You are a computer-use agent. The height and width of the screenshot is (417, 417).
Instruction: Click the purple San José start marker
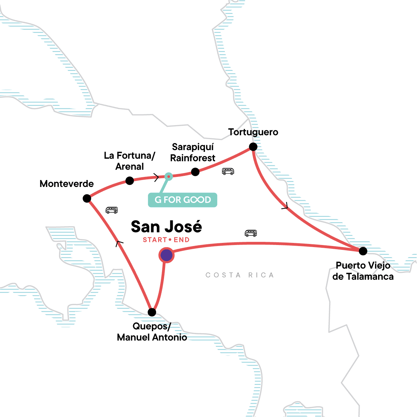[x=166, y=255]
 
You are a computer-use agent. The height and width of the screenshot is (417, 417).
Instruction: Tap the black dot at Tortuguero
[x=253, y=147]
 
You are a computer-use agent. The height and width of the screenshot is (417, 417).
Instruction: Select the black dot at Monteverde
[x=87, y=198]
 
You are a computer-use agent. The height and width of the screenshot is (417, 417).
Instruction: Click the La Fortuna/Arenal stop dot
[x=130, y=181]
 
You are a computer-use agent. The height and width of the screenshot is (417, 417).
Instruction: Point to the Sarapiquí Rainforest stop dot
[x=195, y=172]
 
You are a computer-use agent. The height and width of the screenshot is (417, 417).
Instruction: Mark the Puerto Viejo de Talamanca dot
[x=363, y=251]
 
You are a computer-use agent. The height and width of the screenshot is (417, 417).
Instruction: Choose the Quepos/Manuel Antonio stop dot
[x=152, y=312]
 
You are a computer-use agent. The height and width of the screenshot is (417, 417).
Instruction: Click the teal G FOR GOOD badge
[x=182, y=200]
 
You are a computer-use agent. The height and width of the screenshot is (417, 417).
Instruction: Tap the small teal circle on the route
[x=169, y=177]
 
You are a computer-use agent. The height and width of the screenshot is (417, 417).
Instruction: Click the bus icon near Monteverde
[x=112, y=210]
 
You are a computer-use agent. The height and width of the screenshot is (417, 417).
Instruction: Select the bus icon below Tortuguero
[x=228, y=171]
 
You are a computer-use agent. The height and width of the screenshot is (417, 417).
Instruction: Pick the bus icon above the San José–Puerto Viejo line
[x=251, y=233]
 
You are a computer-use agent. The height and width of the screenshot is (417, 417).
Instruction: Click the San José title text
[x=166, y=227]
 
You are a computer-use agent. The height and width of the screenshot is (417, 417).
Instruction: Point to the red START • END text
[x=166, y=240]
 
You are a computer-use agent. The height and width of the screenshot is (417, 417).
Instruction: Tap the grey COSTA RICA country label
[x=240, y=275]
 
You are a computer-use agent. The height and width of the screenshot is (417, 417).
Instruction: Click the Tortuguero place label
[x=253, y=132]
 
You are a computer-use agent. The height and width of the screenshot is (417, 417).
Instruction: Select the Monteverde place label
[x=67, y=184]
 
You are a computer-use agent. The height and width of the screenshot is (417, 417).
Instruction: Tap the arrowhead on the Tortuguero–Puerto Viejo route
[x=285, y=206]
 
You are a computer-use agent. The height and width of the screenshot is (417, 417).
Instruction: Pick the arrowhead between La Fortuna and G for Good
[x=156, y=178]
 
